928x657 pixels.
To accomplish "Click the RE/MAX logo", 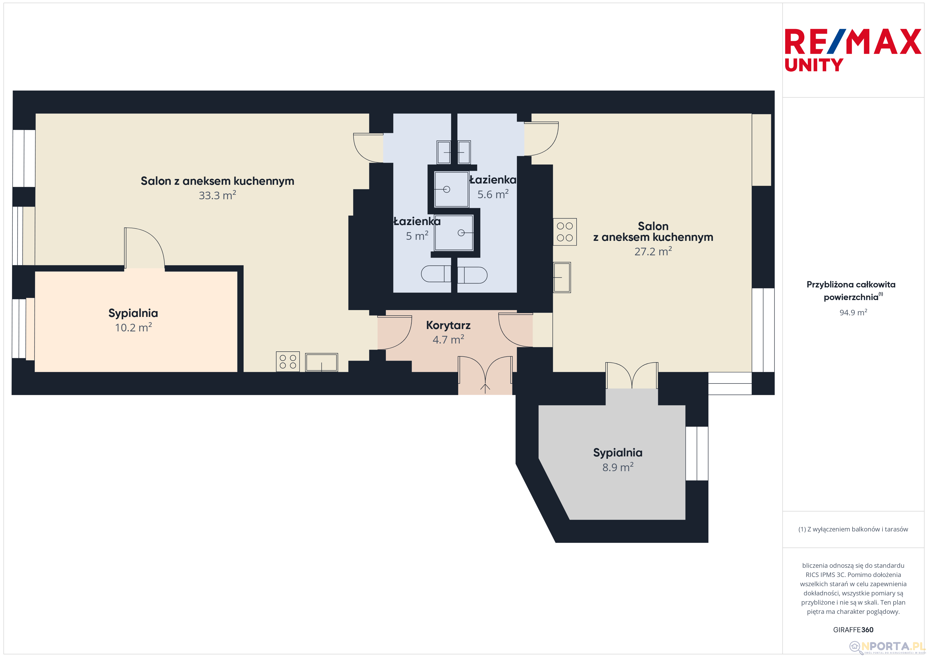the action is (853, 41).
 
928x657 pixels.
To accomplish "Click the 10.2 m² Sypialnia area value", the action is (133, 327).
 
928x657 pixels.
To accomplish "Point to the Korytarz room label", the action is (448, 325).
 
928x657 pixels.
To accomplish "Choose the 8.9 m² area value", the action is (618, 467).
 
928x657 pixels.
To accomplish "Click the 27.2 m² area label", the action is (653, 251).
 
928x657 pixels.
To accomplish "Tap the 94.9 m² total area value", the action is (853, 312).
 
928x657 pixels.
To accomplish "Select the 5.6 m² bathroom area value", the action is (493, 194).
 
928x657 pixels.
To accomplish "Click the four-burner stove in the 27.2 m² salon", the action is (565, 232).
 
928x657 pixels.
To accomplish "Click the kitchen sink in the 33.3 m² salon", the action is (321, 362).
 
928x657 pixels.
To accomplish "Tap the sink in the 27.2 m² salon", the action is (562, 277).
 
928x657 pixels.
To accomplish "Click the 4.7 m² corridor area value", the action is (448, 339).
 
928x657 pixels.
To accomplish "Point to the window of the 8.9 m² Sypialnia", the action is (697, 454).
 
